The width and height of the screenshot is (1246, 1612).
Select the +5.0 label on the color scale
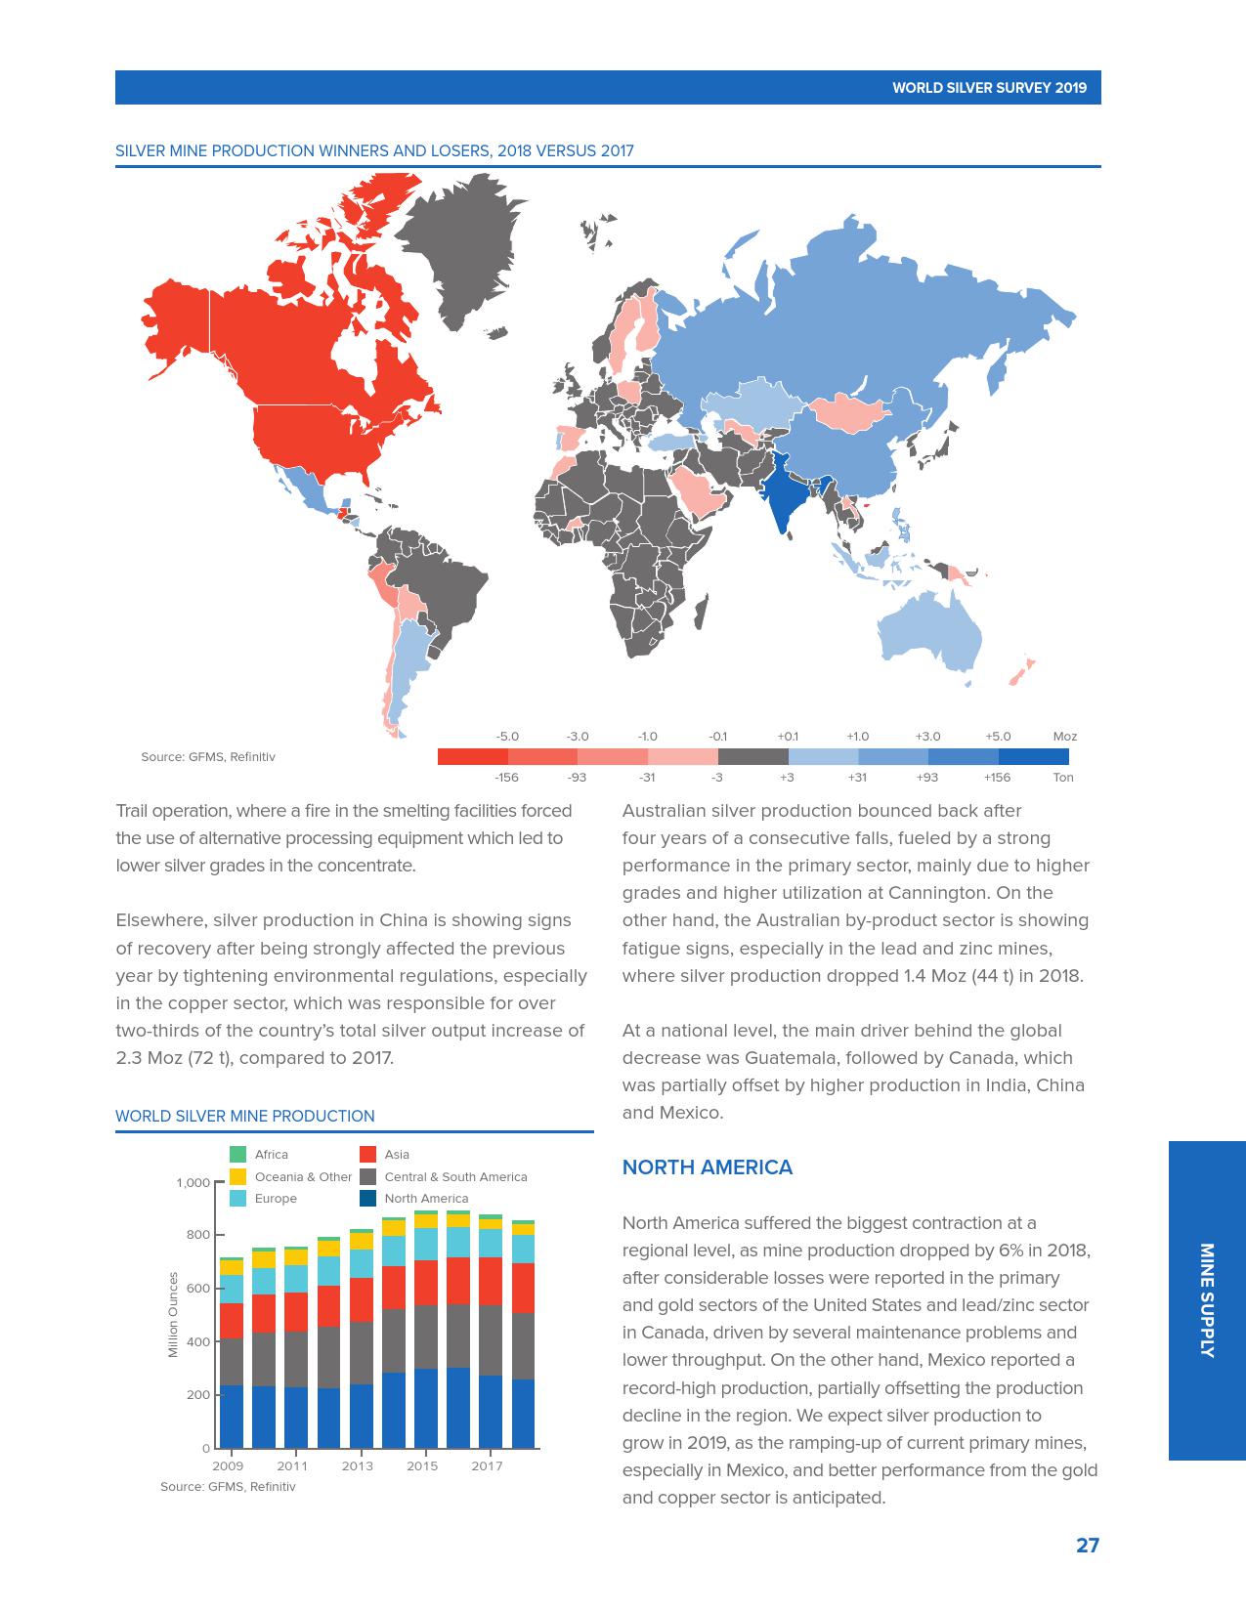(998, 737)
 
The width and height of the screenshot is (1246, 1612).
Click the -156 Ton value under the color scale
(506, 778)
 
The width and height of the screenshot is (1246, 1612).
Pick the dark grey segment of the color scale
(752, 757)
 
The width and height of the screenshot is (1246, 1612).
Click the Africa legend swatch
(237, 1155)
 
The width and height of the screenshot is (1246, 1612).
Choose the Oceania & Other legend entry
(303, 1177)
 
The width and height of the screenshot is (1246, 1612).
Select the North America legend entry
(426, 1199)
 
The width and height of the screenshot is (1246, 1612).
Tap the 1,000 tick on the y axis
(193, 1183)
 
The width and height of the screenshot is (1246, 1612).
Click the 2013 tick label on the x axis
(357, 1466)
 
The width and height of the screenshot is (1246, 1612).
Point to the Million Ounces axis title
(174, 1314)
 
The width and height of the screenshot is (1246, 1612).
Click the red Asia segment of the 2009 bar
(232, 1321)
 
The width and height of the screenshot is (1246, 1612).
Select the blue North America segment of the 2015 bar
(426, 1408)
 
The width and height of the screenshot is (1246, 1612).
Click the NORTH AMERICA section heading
(708, 1167)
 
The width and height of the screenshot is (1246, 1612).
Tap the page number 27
(1088, 1546)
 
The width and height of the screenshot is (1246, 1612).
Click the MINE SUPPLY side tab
(1207, 1300)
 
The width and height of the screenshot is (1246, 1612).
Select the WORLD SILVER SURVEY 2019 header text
(989, 88)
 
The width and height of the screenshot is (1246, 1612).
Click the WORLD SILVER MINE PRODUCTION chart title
(245, 1116)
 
